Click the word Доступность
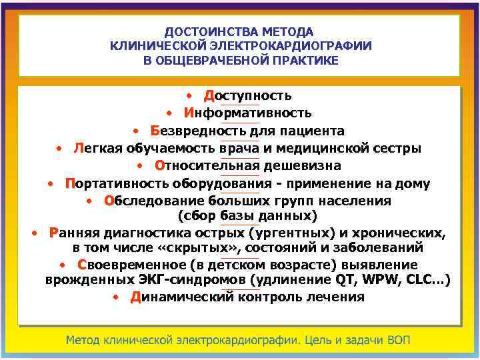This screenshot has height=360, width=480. tap(248, 96)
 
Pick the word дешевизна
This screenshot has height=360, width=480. tap(307, 165)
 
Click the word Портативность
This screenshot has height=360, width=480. tap(117, 183)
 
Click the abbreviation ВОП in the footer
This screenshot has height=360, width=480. tap(398, 340)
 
